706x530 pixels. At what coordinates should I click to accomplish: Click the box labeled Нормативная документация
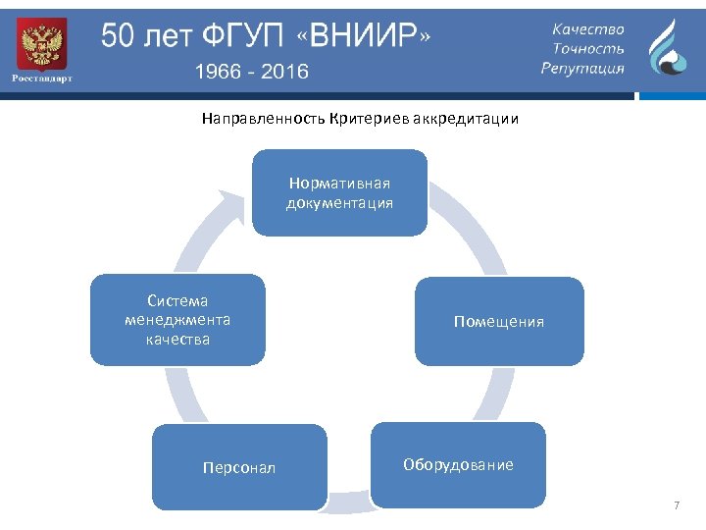click(339, 193)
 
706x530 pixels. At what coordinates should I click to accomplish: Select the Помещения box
click(499, 321)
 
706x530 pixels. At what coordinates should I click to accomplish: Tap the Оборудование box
click(457, 464)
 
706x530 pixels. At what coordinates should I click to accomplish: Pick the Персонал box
click(239, 467)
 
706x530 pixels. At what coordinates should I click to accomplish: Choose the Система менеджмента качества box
click(177, 320)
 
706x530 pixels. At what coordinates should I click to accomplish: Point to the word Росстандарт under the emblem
click(41, 79)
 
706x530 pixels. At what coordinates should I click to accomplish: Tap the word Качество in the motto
click(587, 30)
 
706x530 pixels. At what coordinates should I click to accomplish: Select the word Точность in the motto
click(588, 49)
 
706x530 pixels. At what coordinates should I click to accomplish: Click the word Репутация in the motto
click(582, 68)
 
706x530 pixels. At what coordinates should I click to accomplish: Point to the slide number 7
click(676, 505)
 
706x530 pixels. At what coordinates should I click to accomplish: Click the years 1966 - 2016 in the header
click(251, 71)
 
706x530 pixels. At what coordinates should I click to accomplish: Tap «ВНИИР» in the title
click(368, 37)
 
